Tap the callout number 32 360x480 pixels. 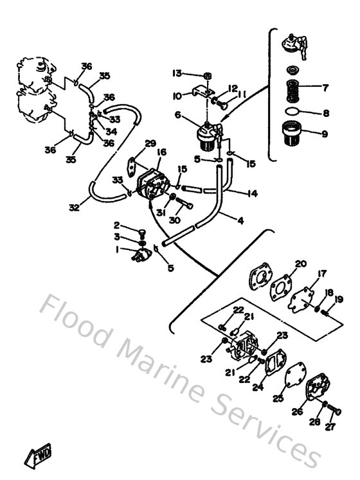75,207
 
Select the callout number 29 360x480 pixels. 150,143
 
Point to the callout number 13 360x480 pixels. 177,72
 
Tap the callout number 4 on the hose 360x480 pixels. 240,221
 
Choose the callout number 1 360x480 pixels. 116,250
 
